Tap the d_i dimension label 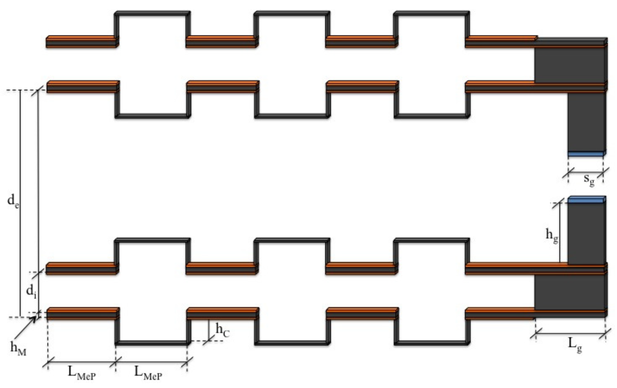31,292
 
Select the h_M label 18,349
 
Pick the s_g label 589,179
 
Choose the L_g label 575,345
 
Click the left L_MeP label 82,373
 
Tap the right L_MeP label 148,373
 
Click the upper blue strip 586,154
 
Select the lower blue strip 586,199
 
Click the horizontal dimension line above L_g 571,334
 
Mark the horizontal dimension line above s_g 586,172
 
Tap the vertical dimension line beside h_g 560,233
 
